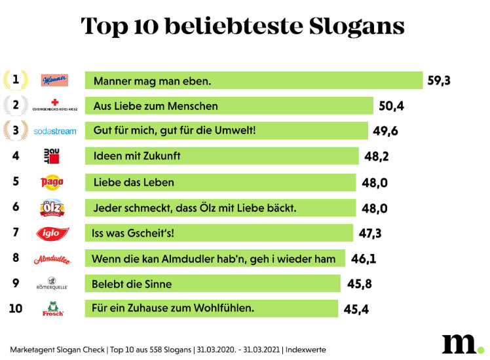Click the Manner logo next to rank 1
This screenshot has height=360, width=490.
[x=54, y=81]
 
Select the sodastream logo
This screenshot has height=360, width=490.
[x=55, y=131]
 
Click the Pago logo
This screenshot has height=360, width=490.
[x=52, y=181]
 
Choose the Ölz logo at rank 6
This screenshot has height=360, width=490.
[x=52, y=207]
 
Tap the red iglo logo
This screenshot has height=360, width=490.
[x=53, y=232]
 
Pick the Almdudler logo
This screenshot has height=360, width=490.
[x=52, y=259]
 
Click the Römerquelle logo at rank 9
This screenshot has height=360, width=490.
[x=52, y=284]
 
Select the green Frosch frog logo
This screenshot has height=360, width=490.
[x=53, y=308]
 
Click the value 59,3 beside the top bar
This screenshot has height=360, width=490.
[x=440, y=81]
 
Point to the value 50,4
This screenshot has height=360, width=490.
[x=392, y=106]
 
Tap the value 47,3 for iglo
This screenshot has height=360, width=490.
[x=371, y=233]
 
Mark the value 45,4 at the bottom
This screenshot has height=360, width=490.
[x=356, y=309]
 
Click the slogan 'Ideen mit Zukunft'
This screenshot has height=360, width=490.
[x=137, y=156]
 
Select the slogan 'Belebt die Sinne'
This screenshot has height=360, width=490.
[x=132, y=284]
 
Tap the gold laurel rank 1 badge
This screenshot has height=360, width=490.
[x=16, y=80]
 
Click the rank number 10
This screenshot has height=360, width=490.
[x=16, y=308]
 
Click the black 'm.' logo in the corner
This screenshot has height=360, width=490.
[x=461, y=344]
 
